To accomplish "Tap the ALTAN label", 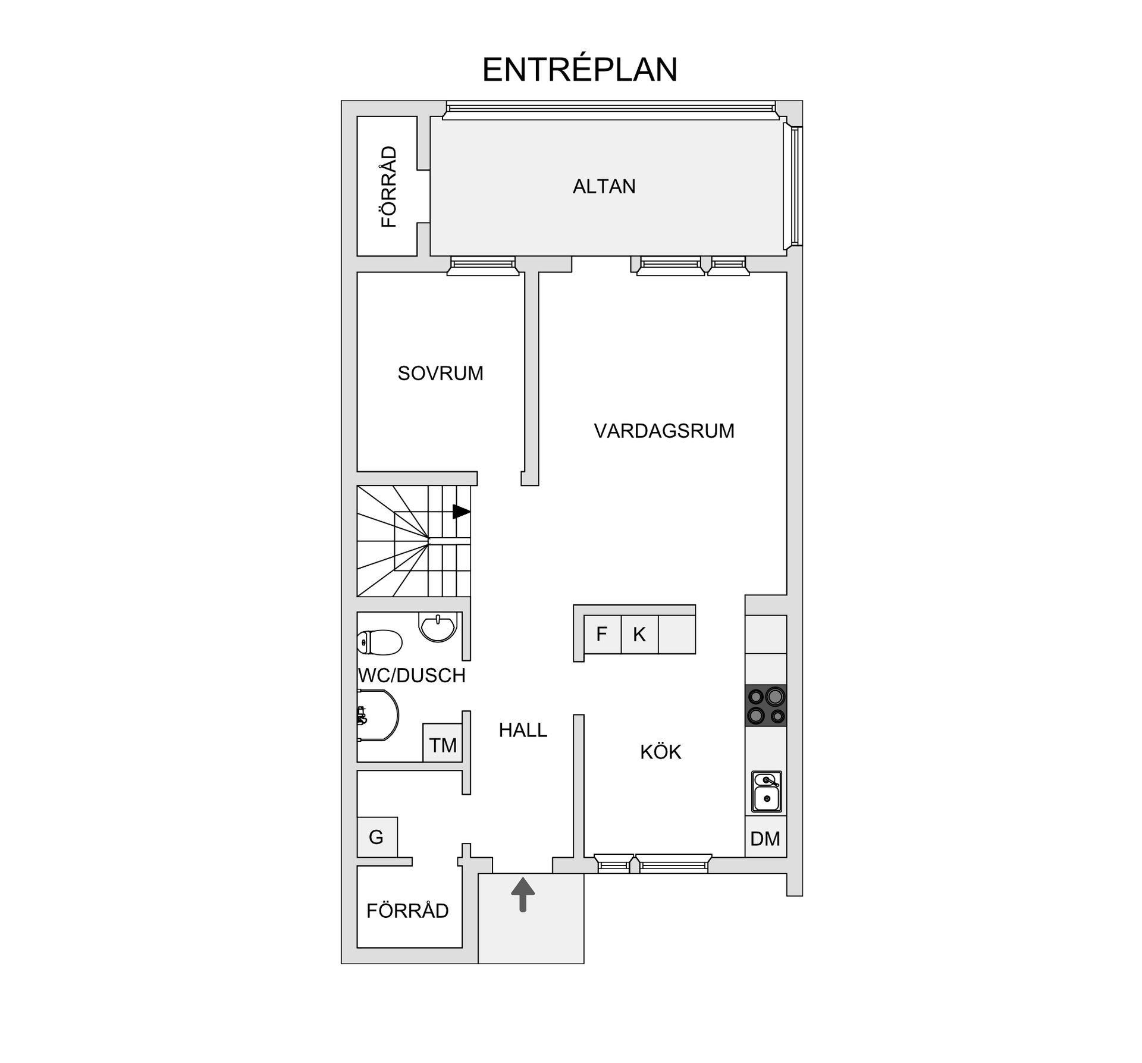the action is tap(604, 186).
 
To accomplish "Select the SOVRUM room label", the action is tap(440, 373).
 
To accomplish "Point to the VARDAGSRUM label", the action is tap(664, 431).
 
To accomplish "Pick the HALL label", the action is tap(523, 730).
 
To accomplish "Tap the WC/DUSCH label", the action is tap(412, 675).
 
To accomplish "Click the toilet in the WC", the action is tap(379, 642).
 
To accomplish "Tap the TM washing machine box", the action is tap(443, 742).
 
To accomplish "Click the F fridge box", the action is tap(602, 634).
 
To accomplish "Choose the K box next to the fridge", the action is tap(639, 634).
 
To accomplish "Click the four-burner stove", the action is tap(766, 705).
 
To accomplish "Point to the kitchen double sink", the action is tap(767, 792).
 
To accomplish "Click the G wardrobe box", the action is tap(377, 837).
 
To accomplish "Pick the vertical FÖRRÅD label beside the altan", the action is tap(388, 187).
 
